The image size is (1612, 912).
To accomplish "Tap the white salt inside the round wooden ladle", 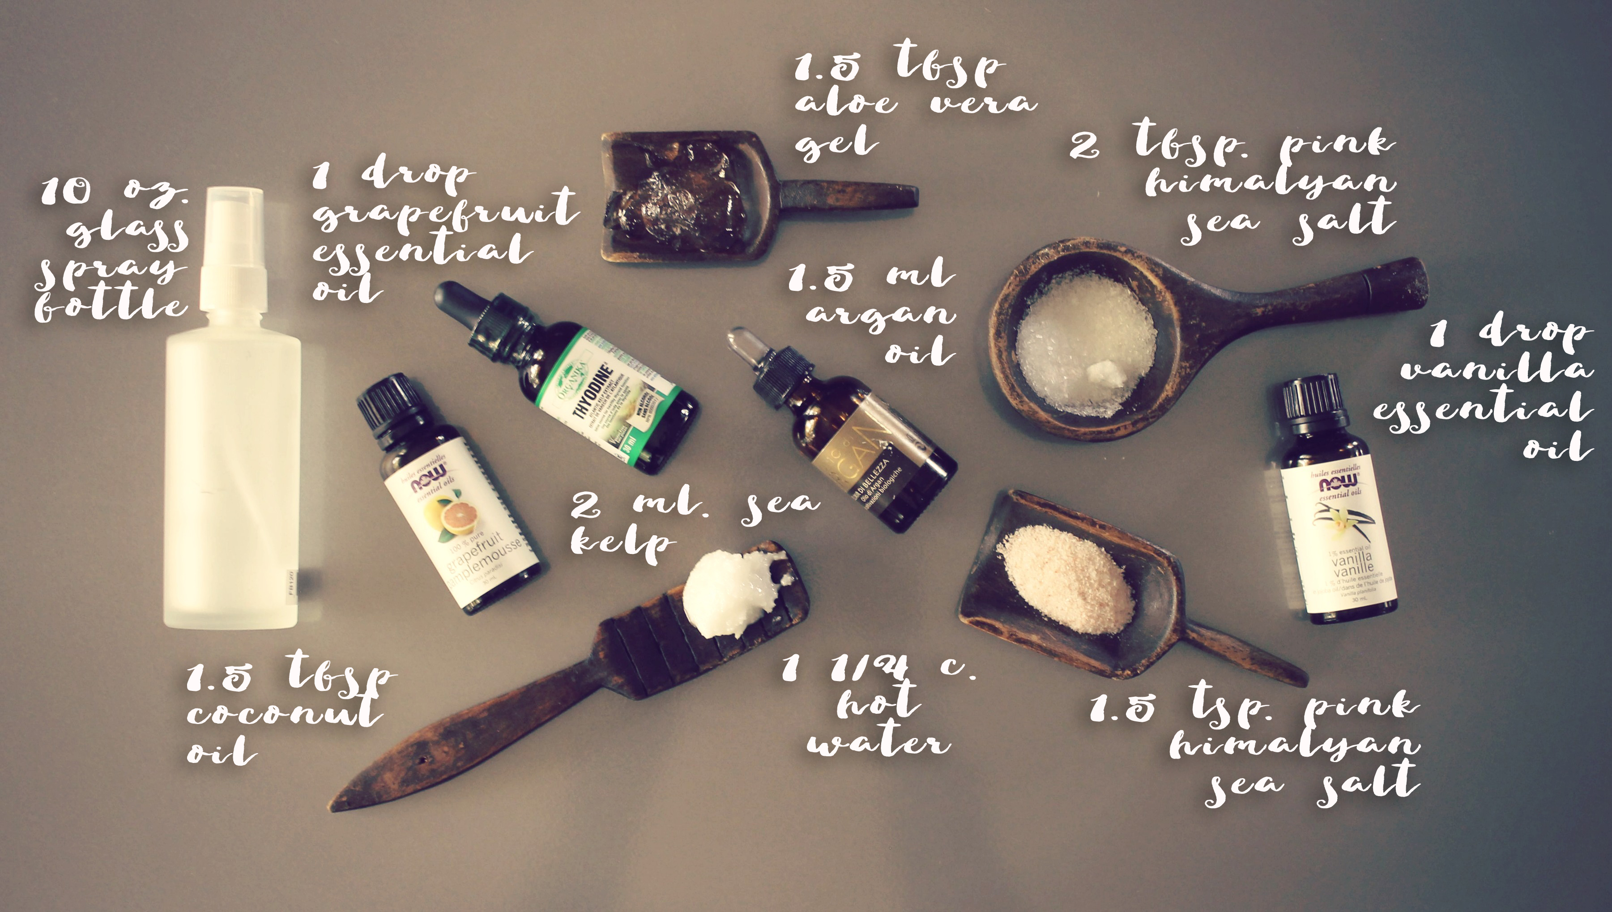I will coord(1087,351).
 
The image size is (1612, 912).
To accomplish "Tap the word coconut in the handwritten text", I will coord(285,714).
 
